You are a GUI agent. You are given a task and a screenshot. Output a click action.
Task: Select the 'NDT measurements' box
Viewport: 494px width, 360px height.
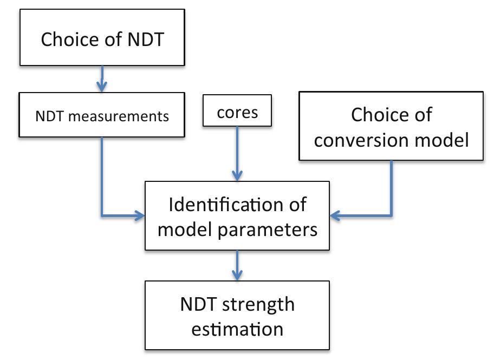(x=101, y=115)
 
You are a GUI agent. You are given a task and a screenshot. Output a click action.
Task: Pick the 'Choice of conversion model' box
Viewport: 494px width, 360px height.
(x=391, y=126)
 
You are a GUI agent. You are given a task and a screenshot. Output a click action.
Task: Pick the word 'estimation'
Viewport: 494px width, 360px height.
(x=237, y=328)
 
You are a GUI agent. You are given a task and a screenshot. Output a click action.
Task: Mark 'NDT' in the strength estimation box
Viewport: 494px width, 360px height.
(x=199, y=304)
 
